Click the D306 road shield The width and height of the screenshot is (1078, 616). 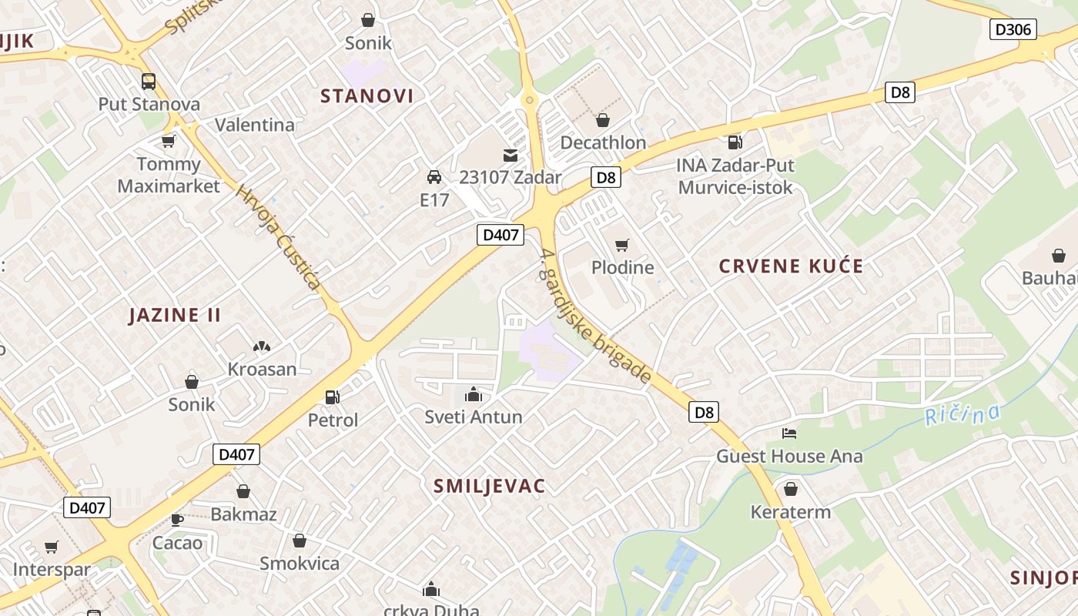(x=1013, y=30)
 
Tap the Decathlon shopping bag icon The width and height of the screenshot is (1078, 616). (x=603, y=120)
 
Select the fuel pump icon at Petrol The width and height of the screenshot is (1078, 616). (x=333, y=397)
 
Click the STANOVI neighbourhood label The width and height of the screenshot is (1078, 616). (x=367, y=96)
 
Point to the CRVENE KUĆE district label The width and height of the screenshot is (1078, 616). (x=791, y=266)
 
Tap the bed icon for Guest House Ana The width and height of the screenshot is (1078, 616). (x=789, y=434)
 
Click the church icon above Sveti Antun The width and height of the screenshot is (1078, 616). (x=473, y=395)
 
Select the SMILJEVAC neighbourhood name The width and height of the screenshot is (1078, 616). (x=490, y=486)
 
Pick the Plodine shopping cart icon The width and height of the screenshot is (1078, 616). (x=622, y=246)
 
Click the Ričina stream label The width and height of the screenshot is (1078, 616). (x=962, y=415)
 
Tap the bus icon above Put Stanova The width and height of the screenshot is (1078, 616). (x=149, y=82)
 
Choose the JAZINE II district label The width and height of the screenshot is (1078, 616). (x=175, y=315)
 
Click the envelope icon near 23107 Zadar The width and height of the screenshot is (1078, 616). (x=510, y=156)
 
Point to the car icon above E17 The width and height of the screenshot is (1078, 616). (x=434, y=177)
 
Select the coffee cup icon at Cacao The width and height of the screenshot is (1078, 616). (x=177, y=520)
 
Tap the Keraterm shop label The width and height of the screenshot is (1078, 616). (x=791, y=512)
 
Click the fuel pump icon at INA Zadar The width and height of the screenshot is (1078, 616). (x=735, y=142)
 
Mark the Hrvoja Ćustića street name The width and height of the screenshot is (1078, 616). (x=278, y=238)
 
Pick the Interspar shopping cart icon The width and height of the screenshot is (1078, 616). (x=52, y=547)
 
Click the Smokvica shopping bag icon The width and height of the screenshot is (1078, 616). (x=300, y=541)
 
